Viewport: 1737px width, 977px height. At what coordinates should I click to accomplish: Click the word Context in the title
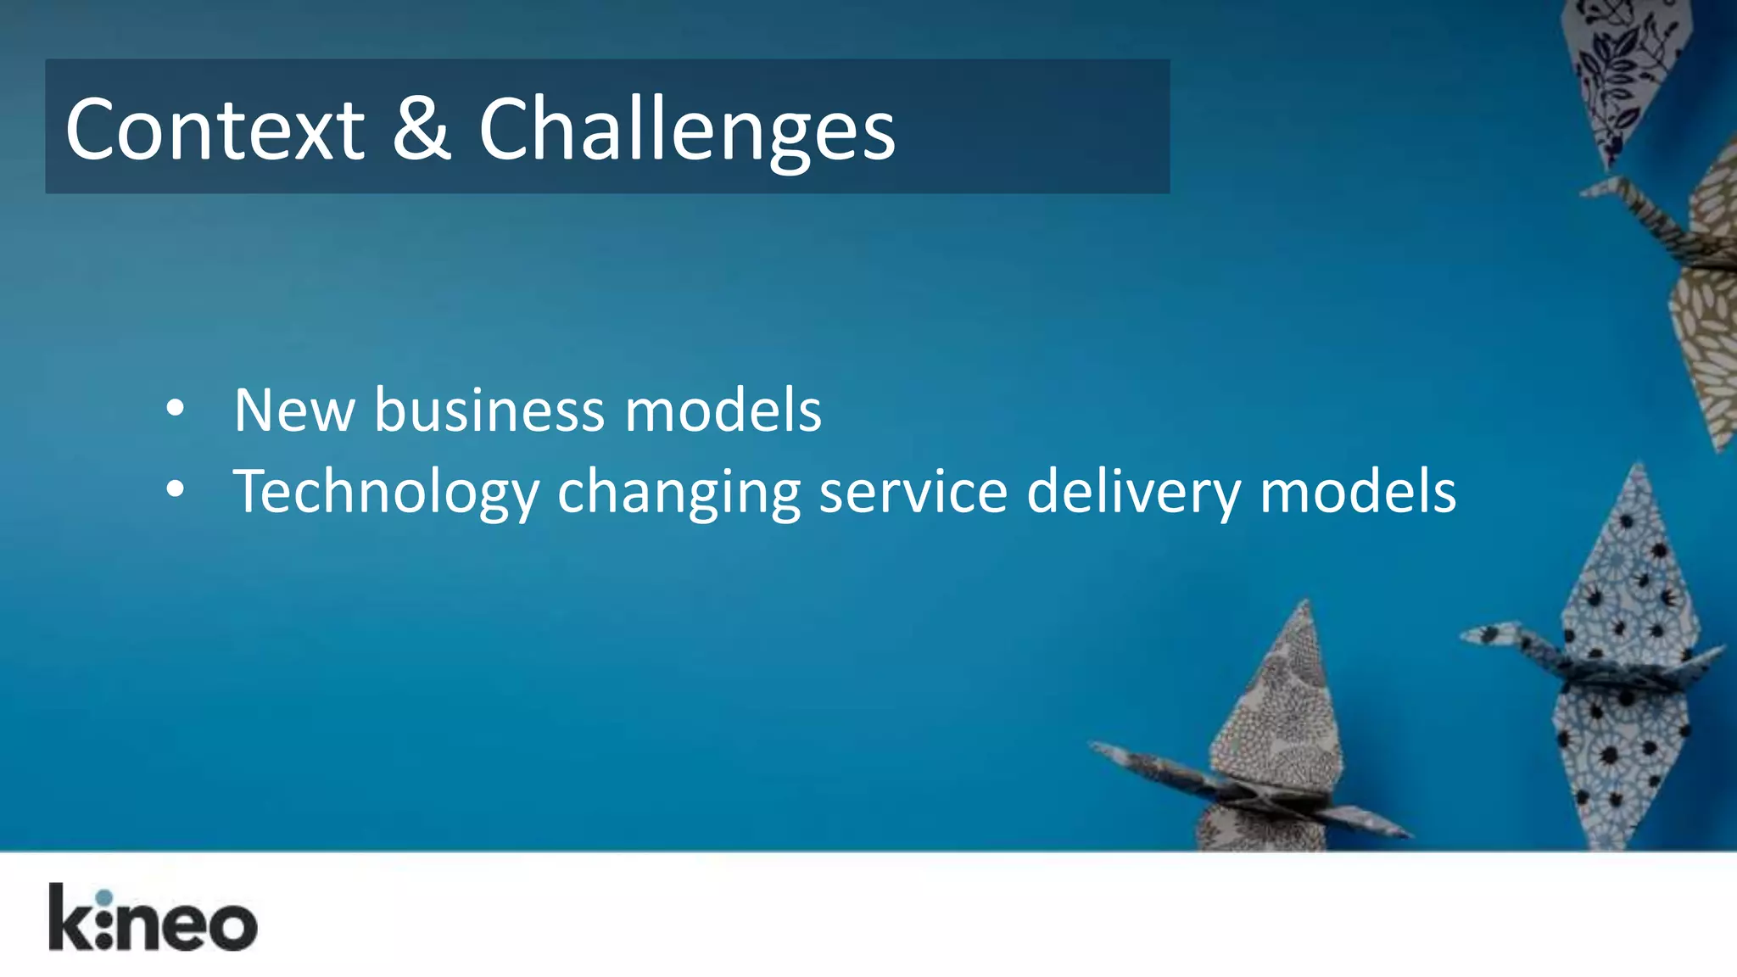pyautogui.click(x=215, y=130)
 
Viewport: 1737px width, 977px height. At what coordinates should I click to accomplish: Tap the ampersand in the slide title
pyautogui.click(x=422, y=128)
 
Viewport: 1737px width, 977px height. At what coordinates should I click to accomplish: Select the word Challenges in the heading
pyautogui.click(x=687, y=130)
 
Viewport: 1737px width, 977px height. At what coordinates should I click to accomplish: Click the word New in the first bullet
pyautogui.click(x=294, y=410)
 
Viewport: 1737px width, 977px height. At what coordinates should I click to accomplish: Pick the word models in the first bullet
pyautogui.click(x=723, y=410)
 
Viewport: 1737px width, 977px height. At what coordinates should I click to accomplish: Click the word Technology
pyautogui.click(x=386, y=493)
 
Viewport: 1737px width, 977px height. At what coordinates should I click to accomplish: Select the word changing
pyautogui.click(x=679, y=493)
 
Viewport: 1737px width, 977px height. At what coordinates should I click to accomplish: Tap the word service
pyautogui.click(x=913, y=492)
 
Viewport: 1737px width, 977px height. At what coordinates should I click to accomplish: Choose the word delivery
pyautogui.click(x=1133, y=493)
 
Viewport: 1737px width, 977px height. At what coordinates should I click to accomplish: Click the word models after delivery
pyautogui.click(x=1358, y=492)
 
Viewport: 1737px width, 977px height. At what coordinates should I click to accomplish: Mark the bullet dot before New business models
pyautogui.click(x=176, y=409)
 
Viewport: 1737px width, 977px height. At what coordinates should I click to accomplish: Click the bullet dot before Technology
pyautogui.click(x=176, y=489)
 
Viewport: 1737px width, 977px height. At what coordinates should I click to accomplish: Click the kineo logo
pyautogui.click(x=153, y=918)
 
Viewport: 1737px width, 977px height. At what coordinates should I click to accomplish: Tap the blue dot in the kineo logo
pyautogui.click(x=103, y=898)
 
